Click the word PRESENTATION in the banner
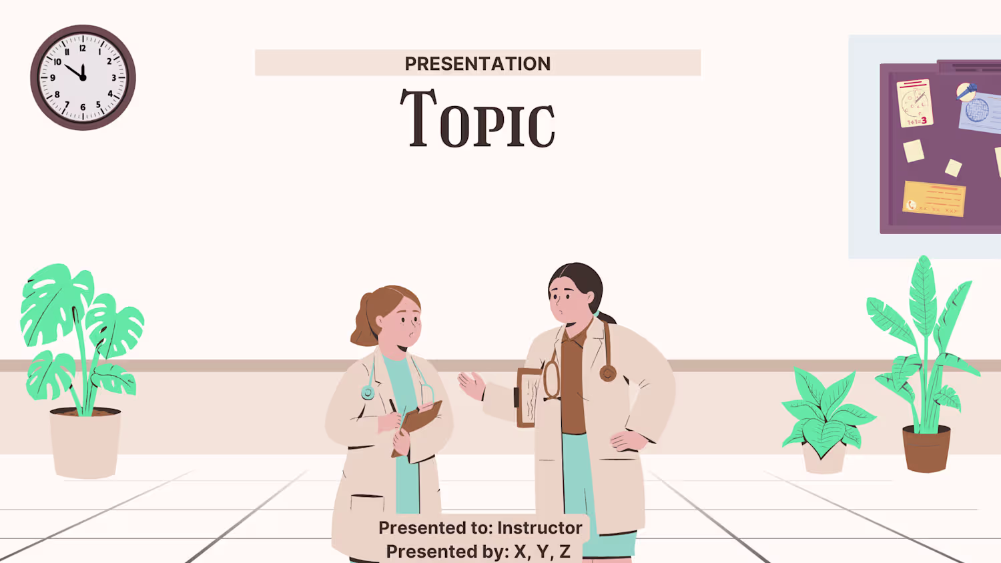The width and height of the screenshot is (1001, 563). pyautogui.click(x=477, y=63)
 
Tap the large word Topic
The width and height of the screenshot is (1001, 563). pyautogui.click(x=477, y=119)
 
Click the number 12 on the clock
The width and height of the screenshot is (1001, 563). pyautogui.click(x=83, y=48)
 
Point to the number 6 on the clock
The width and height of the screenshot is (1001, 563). pyautogui.click(x=83, y=107)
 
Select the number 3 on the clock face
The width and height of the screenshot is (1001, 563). pyautogui.click(x=113, y=78)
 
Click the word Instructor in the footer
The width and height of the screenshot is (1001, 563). pyautogui.click(x=540, y=528)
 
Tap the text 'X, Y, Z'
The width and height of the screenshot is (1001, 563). pyautogui.click(x=542, y=552)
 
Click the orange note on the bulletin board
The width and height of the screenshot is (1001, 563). pyautogui.click(x=934, y=199)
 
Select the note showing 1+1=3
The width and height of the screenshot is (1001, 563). pyautogui.click(x=914, y=103)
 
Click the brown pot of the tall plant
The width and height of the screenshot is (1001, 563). pyautogui.click(x=926, y=448)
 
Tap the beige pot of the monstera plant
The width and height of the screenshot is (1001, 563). pyautogui.click(x=85, y=443)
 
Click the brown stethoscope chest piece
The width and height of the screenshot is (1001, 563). pyautogui.click(x=608, y=373)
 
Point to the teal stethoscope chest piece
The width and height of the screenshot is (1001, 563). pyautogui.click(x=368, y=393)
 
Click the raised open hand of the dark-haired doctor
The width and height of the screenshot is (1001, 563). pyautogui.click(x=472, y=385)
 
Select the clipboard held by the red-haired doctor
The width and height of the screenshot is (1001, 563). pyautogui.click(x=418, y=427)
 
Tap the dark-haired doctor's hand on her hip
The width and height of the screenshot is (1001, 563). pyautogui.click(x=628, y=441)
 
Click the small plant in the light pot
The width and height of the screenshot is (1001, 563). pyautogui.click(x=826, y=411)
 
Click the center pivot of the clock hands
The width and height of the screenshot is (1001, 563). pyautogui.click(x=83, y=78)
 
